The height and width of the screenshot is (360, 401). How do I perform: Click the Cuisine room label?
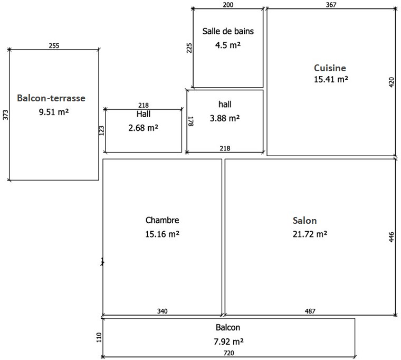330,68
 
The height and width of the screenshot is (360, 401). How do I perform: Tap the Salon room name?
304,221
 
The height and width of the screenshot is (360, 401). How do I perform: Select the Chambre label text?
162,220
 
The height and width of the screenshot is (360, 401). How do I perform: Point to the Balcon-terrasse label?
51,98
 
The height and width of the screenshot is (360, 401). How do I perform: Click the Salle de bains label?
228,31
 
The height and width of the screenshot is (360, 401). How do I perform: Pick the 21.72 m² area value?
310,234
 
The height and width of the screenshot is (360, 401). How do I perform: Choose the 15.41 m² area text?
331,79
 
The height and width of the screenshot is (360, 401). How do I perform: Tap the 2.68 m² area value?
143,128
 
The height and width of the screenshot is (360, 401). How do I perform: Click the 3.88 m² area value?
225,118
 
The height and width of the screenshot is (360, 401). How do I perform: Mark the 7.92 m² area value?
228,342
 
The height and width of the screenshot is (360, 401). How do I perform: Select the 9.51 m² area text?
54,112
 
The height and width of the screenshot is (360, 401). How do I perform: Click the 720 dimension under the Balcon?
228,353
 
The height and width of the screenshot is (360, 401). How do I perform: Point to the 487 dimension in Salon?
310,311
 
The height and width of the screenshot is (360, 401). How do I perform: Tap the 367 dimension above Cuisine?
331,5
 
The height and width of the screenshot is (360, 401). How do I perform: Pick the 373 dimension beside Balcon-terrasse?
6,115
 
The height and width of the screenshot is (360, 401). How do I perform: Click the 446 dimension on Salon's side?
392,237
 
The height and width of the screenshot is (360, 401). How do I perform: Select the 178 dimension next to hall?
191,121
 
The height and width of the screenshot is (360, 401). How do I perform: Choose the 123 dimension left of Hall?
101,130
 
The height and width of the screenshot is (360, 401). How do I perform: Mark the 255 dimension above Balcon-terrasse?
54,45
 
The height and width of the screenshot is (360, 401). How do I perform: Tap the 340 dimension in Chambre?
162,311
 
